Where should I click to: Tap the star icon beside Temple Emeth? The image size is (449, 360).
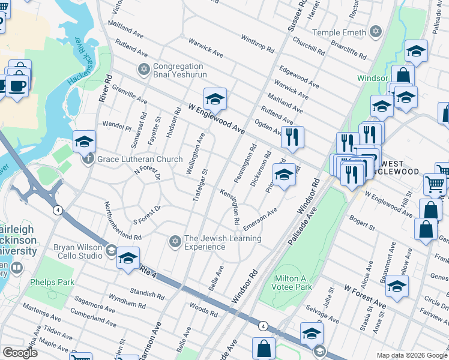[376, 31]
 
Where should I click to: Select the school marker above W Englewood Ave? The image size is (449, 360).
[215, 98]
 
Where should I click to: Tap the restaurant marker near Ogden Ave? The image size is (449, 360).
[292, 137]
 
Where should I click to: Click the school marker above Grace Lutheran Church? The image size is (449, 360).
[84, 142]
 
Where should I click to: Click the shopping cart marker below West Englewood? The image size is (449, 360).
[435, 184]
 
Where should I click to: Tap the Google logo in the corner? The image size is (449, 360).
[20, 353]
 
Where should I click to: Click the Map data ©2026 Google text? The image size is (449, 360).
[411, 355]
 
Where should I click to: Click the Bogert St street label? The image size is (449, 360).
[364, 226]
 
